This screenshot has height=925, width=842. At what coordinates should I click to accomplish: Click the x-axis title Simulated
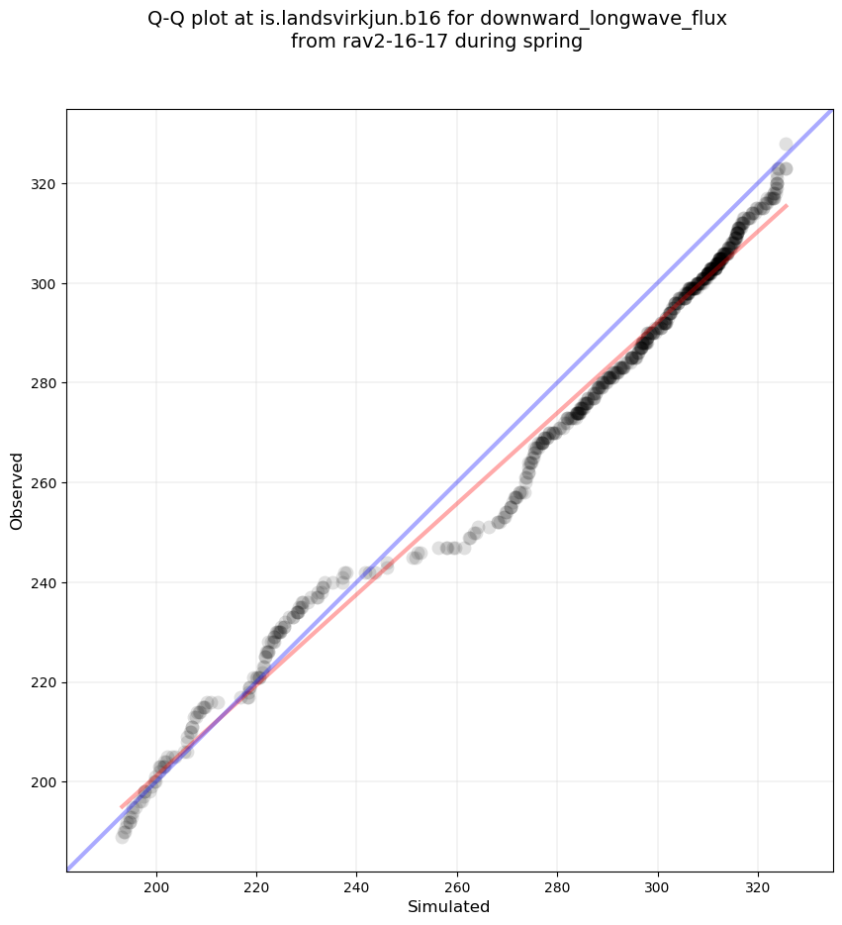449,906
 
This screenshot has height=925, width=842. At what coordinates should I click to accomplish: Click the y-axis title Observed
17,490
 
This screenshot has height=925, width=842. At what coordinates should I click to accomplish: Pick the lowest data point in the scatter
123,837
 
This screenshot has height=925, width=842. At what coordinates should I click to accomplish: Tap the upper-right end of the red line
787,205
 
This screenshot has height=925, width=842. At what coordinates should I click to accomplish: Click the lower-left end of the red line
121,807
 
